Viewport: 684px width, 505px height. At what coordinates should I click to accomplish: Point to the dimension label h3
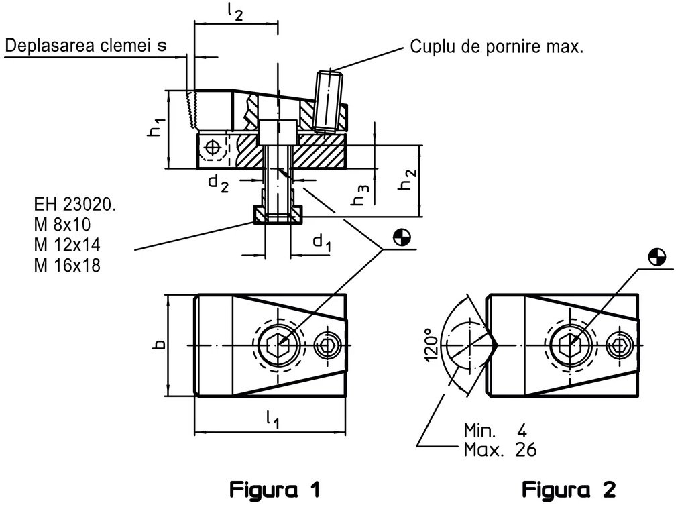tap(361, 194)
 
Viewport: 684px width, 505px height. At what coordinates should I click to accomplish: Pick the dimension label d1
tap(322, 242)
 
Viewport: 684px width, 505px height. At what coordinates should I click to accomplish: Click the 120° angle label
tap(431, 345)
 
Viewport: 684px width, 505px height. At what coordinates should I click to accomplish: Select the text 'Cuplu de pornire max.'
tap(496, 47)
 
